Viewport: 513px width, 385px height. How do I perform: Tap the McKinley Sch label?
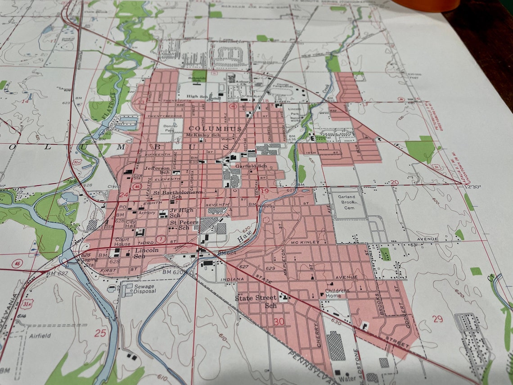click(x=203, y=135)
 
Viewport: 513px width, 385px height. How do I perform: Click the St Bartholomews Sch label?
click(x=178, y=195)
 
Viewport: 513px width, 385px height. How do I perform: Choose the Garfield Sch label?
click(x=251, y=166)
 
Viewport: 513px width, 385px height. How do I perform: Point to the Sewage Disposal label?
click(x=144, y=289)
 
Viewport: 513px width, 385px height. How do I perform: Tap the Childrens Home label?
click(x=337, y=293)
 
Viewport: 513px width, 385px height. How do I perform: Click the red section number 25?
click(x=100, y=333)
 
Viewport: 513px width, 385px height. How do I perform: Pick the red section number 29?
click(x=437, y=319)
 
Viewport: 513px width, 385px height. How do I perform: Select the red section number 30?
click(x=279, y=322)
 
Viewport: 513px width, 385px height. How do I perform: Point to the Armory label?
click(x=147, y=213)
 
